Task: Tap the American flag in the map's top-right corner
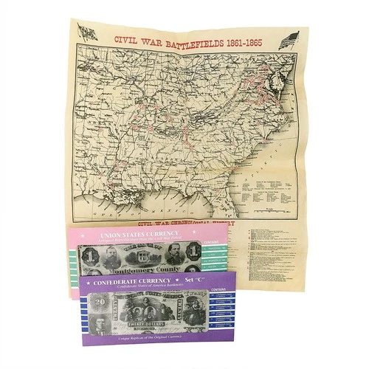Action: click(x=286, y=41)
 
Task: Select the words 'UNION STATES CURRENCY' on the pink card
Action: click(x=128, y=235)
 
